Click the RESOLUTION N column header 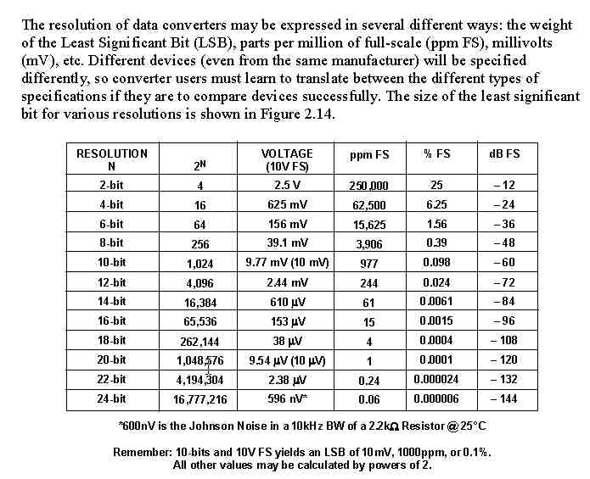pos(111,159)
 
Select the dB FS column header pos(504,153)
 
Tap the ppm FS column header pos(369,154)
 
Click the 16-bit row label pos(111,320)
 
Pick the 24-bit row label pos(111,398)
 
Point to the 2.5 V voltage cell pos(287,185)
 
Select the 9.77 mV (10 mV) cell pos(287,263)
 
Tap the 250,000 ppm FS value pos(369,186)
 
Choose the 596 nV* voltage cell pos(287,398)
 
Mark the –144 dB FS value pos(504,398)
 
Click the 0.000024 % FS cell pos(437,379)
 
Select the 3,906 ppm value pos(369,244)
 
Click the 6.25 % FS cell pos(437,204)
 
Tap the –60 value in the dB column pos(504,263)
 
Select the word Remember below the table pos(142,453)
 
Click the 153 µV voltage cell pos(287,320)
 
